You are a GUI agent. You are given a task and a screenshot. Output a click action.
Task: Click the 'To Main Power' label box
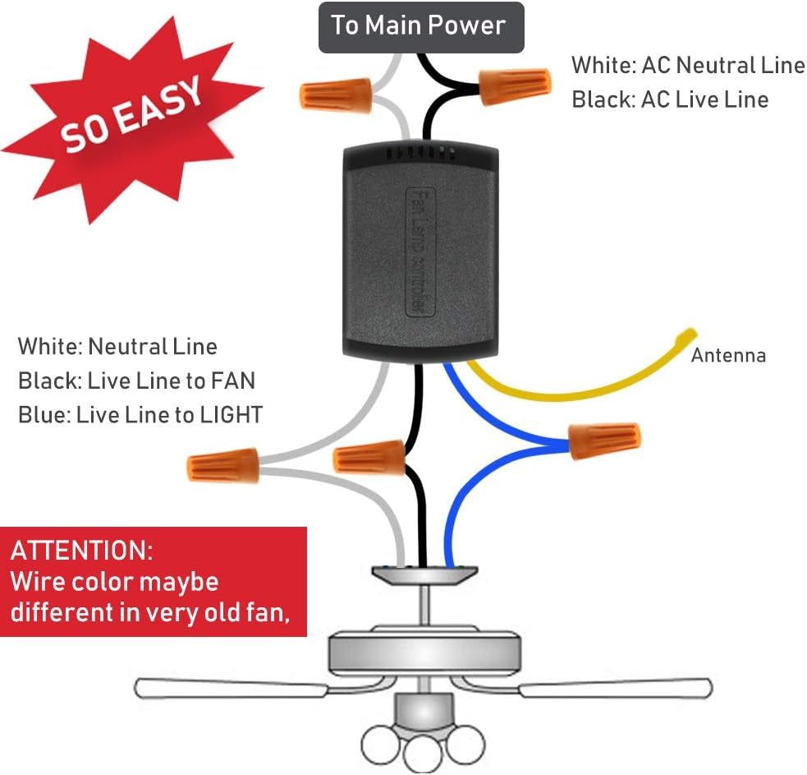(420, 25)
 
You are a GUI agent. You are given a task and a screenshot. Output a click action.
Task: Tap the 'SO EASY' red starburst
(131, 115)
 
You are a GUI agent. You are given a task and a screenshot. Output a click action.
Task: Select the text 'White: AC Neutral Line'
(688, 65)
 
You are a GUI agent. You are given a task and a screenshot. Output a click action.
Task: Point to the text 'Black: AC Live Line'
(670, 100)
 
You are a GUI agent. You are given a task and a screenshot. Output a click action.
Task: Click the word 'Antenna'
(728, 356)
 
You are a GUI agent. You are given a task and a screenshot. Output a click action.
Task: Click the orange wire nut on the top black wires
(515, 85)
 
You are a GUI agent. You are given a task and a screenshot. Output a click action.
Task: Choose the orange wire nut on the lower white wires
(223, 467)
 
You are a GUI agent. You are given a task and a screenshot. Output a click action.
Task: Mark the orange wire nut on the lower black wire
(369, 457)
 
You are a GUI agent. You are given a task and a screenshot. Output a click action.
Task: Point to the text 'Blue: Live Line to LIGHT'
(140, 415)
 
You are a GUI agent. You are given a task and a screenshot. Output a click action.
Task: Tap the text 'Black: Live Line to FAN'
(136, 381)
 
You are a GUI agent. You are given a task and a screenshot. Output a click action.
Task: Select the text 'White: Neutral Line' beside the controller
(117, 346)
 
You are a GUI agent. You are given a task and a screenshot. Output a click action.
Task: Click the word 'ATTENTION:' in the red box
(81, 550)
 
